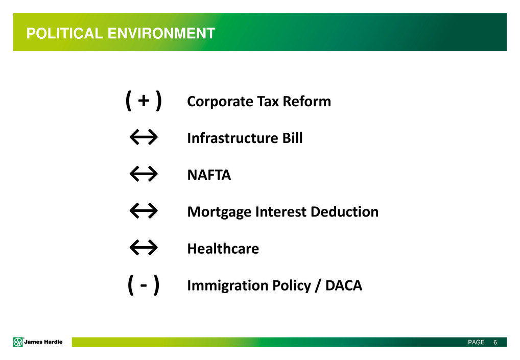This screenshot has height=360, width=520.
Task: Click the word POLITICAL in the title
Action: pyautogui.click(x=65, y=33)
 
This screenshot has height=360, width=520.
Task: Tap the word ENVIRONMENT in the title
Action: pyautogui.click(x=161, y=33)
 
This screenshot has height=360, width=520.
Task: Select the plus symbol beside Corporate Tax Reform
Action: pyautogui.click(x=144, y=101)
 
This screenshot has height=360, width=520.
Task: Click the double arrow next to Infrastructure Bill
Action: pyautogui.click(x=144, y=137)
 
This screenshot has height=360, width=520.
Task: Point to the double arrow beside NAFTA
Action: pyautogui.click(x=144, y=174)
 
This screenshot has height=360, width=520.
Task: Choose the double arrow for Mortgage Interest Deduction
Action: pyautogui.click(x=144, y=211)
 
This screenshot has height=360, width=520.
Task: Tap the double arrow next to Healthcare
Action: pyautogui.click(x=144, y=248)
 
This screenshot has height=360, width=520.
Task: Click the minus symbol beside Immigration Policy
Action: pyautogui.click(x=144, y=285)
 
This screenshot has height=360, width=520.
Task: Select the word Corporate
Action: pyautogui.click(x=220, y=102)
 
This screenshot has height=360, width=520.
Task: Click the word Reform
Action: pyautogui.click(x=307, y=101)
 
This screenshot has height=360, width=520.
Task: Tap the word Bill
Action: pyautogui.click(x=293, y=138)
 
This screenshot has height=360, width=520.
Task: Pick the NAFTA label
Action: pyautogui.click(x=209, y=175)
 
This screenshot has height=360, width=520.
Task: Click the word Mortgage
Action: pyautogui.click(x=219, y=212)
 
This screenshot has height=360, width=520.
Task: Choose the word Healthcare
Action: pyautogui.click(x=223, y=248)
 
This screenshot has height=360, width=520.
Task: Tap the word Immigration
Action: pyautogui.click(x=227, y=286)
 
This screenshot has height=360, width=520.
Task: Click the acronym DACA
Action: pyautogui.click(x=344, y=285)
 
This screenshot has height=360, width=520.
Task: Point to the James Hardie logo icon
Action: pyautogui.click(x=18, y=342)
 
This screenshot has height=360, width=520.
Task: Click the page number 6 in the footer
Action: pyautogui.click(x=495, y=342)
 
